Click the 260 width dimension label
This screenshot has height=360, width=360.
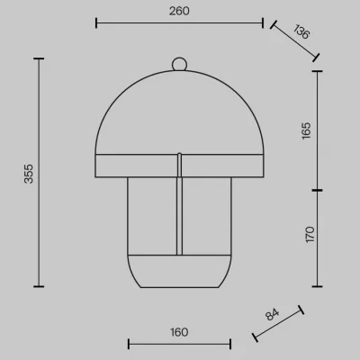[x=179, y=11]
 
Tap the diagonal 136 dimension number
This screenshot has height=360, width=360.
[x=301, y=31]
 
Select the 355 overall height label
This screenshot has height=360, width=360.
[x=29, y=174]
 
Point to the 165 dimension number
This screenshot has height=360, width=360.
[x=306, y=130]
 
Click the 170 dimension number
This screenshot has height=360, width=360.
[x=310, y=234]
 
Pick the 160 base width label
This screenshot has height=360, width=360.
[x=179, y=332]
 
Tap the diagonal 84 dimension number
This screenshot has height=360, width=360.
[x=272, y=314]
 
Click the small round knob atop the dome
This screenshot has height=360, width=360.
[x=179, y=64]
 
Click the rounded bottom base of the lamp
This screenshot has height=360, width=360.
[x=179, y=271]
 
